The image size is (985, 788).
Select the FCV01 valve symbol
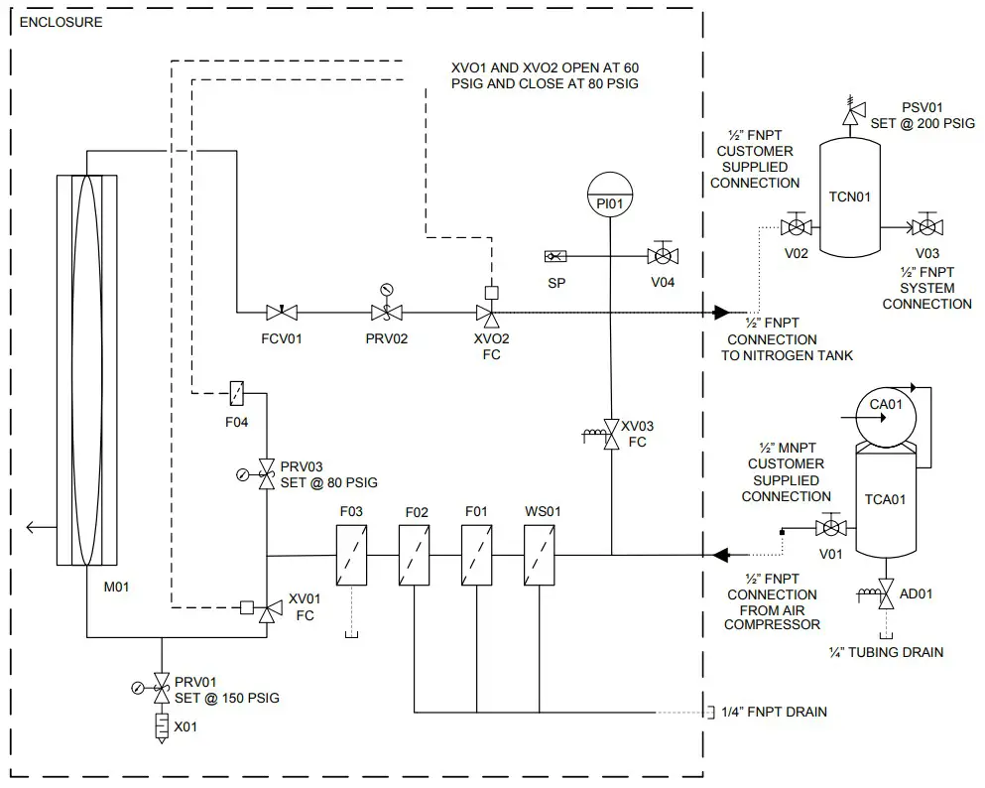283,312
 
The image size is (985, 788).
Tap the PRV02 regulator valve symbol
385,312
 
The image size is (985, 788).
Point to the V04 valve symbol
662,256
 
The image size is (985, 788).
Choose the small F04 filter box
238,393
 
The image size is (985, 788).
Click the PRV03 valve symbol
266,473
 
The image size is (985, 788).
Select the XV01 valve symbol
265,608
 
